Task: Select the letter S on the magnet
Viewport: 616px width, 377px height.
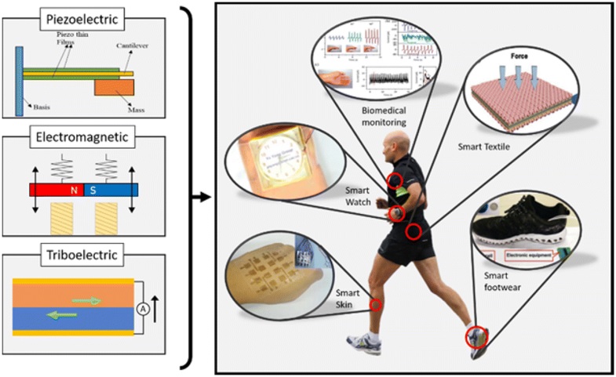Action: tap(93, 190)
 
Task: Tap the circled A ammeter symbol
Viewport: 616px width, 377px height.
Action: tap(144, 307)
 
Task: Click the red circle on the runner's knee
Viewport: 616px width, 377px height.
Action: tap(377, 305)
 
